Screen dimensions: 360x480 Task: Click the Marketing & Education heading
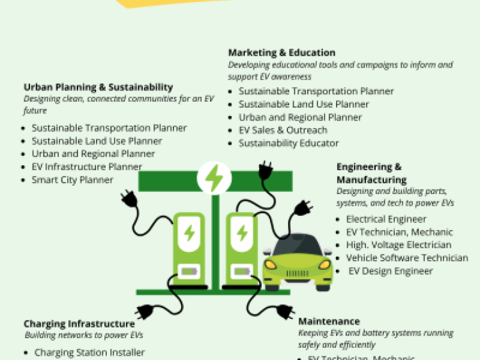pos(282,53)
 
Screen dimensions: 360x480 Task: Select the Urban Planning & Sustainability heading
pos(98,87)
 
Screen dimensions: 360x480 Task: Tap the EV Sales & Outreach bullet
pos(283,130)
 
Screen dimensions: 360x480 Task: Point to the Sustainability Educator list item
pos(289,143)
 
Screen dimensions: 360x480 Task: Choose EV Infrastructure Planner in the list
pos(87,167)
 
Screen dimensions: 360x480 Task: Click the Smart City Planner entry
pos(72,179)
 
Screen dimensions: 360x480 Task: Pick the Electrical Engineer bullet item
pos(386,219)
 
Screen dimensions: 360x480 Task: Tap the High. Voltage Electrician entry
pos(399,245)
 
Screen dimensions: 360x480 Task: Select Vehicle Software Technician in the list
pos(407,258)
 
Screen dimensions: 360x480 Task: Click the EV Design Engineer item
pos(390,271)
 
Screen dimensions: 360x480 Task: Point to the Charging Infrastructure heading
pos(79,324)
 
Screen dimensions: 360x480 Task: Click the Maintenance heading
pos(329,321)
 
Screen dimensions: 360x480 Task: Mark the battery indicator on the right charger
pos(241,272)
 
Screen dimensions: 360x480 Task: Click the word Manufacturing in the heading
pos(371,180)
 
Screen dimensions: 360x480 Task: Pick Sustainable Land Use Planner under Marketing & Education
pos(303,104)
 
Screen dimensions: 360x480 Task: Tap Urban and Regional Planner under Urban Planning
pos(93,154)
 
